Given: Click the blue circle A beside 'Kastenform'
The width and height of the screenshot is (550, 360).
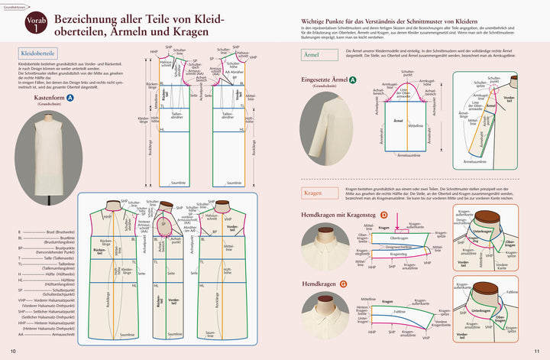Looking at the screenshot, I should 70,99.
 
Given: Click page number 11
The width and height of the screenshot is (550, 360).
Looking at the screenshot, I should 536,351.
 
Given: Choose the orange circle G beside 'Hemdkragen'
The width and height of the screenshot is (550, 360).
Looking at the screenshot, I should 345,284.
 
